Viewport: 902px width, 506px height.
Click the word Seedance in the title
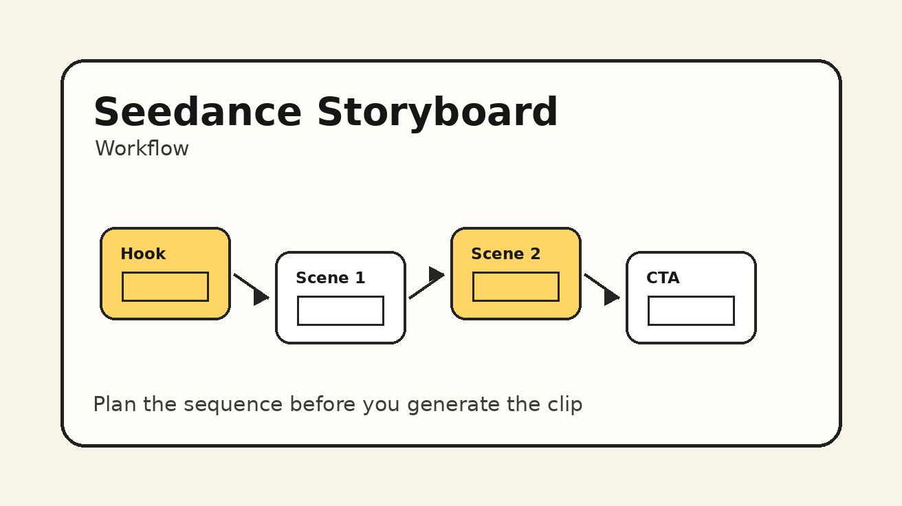(197, 112)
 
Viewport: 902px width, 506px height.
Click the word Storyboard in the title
(437, 112)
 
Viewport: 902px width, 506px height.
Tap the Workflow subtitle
(142, 148)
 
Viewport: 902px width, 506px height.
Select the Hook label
(143, 254)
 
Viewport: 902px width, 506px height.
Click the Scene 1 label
(330, 278)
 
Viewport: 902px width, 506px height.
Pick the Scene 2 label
(505, 254)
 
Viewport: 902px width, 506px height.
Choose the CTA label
(663, 278)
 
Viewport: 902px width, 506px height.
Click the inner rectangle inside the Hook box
(165, 287)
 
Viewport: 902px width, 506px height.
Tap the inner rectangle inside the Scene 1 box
(340, 311)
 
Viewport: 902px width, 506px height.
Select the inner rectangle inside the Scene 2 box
(516, 287)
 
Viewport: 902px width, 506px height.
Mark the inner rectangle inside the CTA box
(691, 311)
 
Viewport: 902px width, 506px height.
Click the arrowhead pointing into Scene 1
(261, 296)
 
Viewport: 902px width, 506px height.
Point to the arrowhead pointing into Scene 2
(436, 275)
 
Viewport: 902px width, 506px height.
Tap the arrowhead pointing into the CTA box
(611, 296)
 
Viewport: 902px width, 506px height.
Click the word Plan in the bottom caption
(115, 404)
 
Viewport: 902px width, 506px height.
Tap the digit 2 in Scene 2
(535, 254)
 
